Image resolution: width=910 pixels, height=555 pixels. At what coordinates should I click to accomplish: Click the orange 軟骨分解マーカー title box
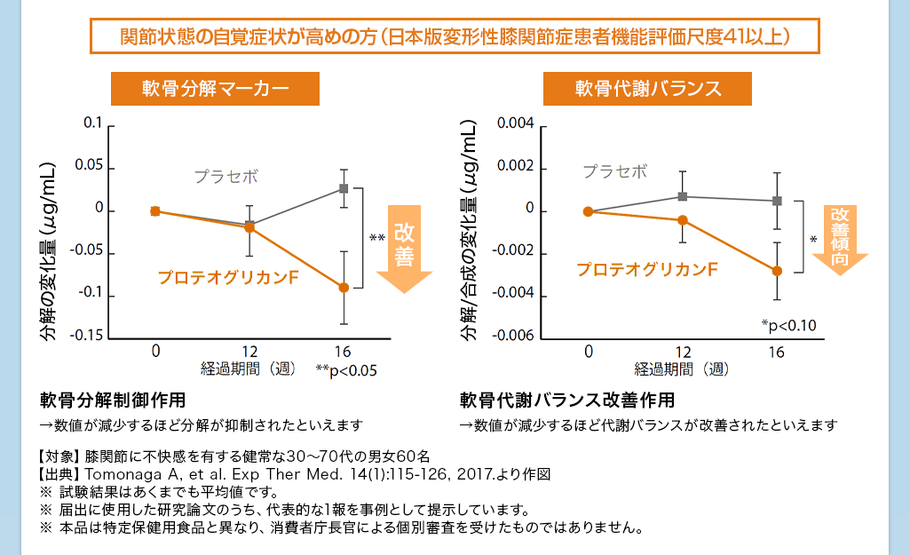pos(215,89)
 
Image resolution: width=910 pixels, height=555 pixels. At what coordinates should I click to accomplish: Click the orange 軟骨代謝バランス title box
pos(648,89)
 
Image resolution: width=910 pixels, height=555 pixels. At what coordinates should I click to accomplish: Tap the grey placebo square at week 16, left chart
pos(344,188)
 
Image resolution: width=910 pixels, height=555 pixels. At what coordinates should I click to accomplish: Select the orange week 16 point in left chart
pos(344,287)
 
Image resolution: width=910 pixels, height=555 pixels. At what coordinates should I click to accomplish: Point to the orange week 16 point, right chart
pos(777,271)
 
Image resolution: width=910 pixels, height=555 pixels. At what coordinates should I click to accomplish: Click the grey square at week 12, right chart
pos(683,196)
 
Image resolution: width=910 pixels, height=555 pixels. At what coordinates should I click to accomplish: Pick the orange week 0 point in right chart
pos(588,211)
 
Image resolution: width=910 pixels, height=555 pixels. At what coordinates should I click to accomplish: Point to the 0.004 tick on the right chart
pos(515,124)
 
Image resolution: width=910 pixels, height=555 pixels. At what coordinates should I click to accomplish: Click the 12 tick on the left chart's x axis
pos(249,352)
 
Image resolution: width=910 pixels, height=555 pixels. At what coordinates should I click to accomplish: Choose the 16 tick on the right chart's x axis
pos(776,352)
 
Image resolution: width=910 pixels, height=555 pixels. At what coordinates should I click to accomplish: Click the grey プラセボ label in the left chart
pos(226,176)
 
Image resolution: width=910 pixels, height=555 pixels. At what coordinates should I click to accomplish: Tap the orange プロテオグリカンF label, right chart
pos(645,268)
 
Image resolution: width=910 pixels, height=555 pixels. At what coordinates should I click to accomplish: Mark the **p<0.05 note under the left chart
pos(346,370)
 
